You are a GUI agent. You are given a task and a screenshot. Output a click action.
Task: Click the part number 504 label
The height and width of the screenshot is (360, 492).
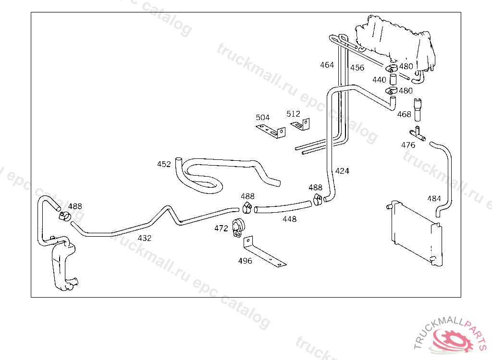pyautogui.click(x=263, y=118)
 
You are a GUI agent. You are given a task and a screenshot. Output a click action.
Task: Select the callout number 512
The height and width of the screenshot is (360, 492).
pyautogui.click(x=293, y=114)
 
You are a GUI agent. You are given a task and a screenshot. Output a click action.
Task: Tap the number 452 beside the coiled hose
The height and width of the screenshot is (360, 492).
pyautogui.click(x=164, y=164)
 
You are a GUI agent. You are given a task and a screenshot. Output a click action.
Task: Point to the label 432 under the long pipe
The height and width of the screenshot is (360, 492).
pyautogui.click(x=144, y=239)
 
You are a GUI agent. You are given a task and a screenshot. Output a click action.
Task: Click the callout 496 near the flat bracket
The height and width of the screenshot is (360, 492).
pyautogui.click(x=245, y=261)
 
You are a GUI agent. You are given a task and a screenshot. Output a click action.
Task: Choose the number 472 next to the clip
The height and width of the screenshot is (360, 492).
pyautogui.click(x=221, y=228)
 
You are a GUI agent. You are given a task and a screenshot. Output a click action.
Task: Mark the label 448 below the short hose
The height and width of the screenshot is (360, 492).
pyautogui.click(x=289, y=219)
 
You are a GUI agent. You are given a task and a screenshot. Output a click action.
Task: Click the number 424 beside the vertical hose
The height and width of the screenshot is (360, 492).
pyautogui.click(x=342, y=171)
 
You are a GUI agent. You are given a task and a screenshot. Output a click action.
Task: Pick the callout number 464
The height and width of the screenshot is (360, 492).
pyautogui.click(x=327, y=65)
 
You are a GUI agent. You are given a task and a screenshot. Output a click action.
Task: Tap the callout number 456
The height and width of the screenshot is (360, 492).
pyautogui.click(x=357, y=68)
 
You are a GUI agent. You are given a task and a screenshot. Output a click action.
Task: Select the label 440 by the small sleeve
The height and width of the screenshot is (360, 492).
pyautogui.click(x=379, y=80)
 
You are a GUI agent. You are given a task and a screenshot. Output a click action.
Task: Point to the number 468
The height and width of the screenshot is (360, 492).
pyautogui.click(x=404, y=114)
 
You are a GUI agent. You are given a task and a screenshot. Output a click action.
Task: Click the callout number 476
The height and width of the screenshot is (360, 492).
pyautogui.click(x=408, y=145)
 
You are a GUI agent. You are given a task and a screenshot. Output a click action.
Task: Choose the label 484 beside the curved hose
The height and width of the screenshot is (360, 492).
pyautogui.click(x=434, y=199)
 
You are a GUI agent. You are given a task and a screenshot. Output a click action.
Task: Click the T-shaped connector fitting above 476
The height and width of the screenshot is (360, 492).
pyautogui.click(x=418, y=134)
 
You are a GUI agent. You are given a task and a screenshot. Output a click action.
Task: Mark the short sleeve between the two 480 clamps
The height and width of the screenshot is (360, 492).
pyautogui.click(x=393, y=79)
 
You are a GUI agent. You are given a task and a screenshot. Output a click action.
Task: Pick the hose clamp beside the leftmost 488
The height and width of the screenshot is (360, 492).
pyautogui.click(x=65, y=216)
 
